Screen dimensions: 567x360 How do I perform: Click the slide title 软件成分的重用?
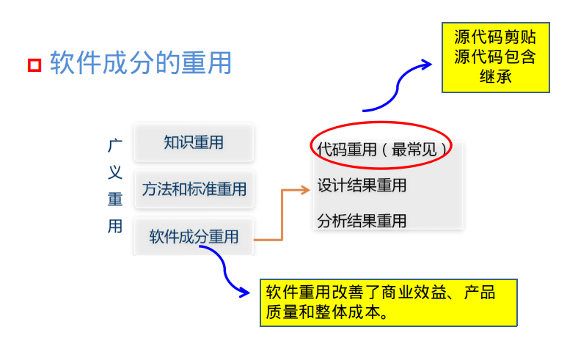coord(140,63)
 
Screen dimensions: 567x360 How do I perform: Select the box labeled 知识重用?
coord(194,143)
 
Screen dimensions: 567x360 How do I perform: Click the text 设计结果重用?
coord(362,185)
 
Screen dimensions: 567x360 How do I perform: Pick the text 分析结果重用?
coord(362,221)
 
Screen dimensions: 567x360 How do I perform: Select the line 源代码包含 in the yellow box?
coord(495,57)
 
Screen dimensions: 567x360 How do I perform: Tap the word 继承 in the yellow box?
coord(495,76)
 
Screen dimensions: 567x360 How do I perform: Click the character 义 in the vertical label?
coord(115,173)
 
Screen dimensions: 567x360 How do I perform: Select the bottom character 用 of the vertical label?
coord(115,227)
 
